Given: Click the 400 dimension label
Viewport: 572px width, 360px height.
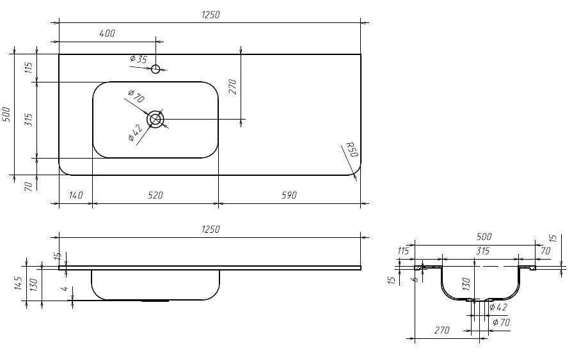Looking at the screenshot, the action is [107, 33].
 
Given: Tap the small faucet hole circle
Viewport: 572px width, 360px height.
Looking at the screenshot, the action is [155, 68].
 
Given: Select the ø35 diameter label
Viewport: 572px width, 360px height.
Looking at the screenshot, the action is [138, 58].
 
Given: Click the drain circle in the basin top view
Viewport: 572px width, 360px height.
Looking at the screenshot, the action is [155, 120].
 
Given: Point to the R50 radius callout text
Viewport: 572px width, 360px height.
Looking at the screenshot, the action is [351, 150].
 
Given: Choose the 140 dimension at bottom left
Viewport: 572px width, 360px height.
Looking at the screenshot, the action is [75, 195].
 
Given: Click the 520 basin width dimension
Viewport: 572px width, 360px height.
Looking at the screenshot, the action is [155, 195].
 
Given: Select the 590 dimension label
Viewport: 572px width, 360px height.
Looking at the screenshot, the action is [289, 195].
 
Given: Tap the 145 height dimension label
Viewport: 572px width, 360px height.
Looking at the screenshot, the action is [19, 283].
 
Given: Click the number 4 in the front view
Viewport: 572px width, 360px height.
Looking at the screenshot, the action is [65, 288].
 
